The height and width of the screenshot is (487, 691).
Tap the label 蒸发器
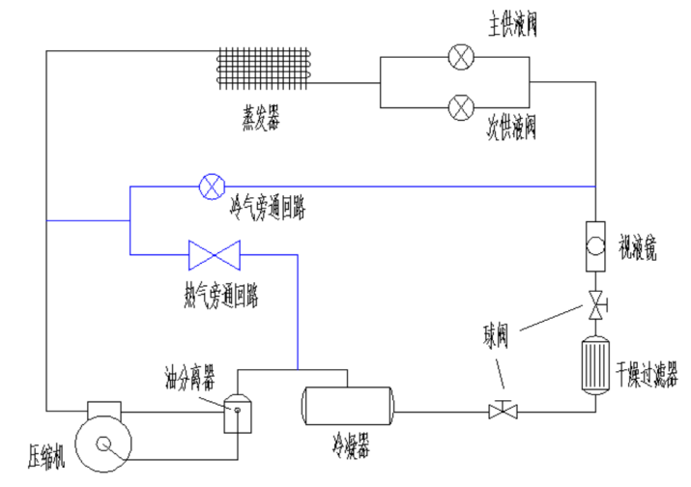(261, 119)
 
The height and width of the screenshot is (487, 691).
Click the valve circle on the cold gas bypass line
(210, 185)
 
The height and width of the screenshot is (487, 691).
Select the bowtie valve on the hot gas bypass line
(215, 256)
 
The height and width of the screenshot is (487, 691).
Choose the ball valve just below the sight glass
(595, 302)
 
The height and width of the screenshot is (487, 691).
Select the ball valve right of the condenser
(502, 411)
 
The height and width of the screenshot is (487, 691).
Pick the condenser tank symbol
(348, 406)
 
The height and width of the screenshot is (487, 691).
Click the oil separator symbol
(237, 414)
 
